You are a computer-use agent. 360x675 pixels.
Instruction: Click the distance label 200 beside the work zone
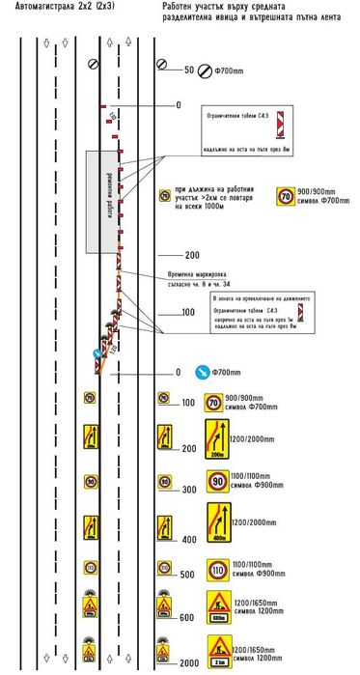[x=191, y=256]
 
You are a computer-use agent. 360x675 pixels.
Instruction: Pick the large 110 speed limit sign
[x=213, y=568]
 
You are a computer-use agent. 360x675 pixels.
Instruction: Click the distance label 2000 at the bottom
[x=187, y=663]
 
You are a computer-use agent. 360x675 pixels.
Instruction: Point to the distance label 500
[x=187, y=576]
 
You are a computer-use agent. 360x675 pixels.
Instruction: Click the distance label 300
[x=187, y=490]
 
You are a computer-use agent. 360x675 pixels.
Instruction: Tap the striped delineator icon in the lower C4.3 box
[x=305, y=312]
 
